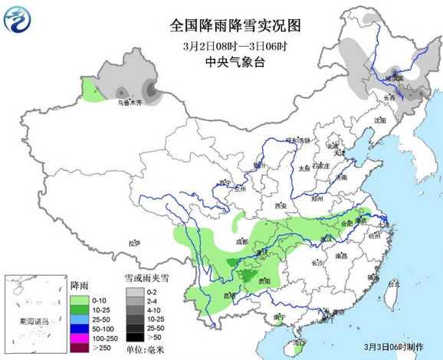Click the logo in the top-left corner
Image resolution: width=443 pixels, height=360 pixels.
pos(20,21)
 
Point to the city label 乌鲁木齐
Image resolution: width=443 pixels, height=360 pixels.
pos(128,103)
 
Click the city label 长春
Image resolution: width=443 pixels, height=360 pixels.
pos(389,98)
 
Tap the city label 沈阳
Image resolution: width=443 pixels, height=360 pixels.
pos(380,120)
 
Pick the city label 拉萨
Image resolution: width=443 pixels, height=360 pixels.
pos(135,243)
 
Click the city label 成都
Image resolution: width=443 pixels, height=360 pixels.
pos(242,241)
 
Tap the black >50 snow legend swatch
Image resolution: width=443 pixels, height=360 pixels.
pos(135,336)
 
